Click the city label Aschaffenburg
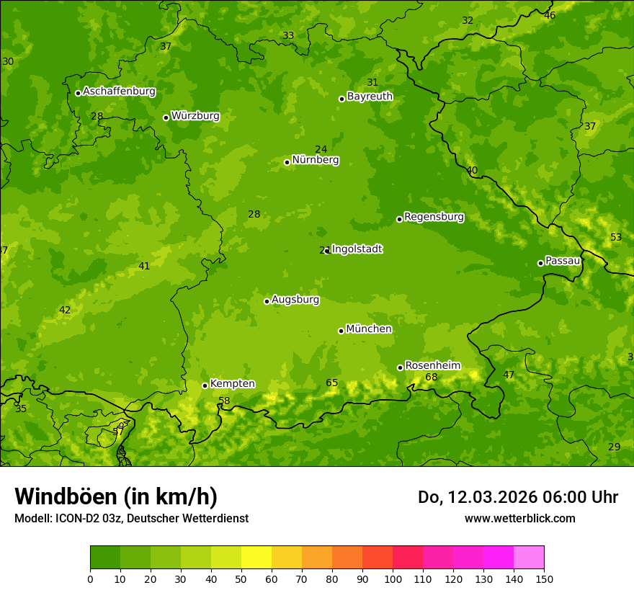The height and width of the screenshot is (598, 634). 119,92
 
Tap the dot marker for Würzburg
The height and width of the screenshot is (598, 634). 166,117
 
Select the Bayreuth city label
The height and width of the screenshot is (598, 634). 370,96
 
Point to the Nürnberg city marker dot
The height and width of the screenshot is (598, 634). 287,162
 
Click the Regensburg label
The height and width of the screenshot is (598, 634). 434,217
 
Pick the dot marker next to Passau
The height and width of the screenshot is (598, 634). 540,263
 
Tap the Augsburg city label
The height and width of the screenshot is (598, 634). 295,300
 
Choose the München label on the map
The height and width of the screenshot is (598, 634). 369,329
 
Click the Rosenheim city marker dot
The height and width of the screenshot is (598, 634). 400,367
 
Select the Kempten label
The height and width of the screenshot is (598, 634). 232,384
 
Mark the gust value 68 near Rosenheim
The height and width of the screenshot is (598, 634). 431,378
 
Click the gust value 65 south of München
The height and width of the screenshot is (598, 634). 331,383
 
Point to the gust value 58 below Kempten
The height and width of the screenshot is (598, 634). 224,401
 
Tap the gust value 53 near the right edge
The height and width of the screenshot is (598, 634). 615,238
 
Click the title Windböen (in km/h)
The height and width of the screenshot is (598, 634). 116,496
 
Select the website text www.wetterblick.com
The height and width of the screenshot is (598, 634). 519,518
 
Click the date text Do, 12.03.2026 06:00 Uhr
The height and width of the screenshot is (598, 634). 517,497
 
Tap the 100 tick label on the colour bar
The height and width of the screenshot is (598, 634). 393,579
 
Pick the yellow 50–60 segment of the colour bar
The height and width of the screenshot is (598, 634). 256,558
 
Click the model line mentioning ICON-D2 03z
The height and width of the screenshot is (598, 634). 131,518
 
